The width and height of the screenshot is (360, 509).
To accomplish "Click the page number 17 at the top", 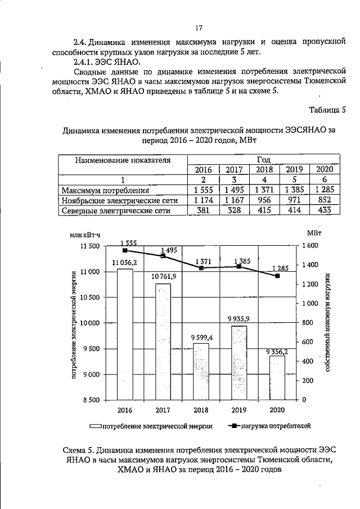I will tap(198, 28).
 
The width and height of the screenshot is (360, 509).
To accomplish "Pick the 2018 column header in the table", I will tap(264, 170).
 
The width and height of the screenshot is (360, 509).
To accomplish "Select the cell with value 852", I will tap(325, 200).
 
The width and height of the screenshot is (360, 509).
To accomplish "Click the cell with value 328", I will tap(234, 210).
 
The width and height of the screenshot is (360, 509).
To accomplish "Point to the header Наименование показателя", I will tap(122, 160).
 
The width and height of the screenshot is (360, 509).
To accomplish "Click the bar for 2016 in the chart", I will tap(125, 334).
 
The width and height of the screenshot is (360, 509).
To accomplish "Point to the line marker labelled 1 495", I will tap(163, 256).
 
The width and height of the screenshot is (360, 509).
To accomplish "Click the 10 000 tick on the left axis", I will tap(101, 323).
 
